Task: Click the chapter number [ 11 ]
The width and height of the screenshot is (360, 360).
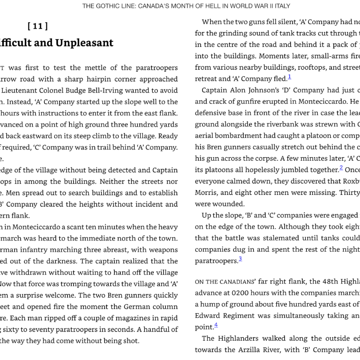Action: [38, 26]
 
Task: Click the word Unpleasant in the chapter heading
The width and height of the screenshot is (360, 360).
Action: [84, 43]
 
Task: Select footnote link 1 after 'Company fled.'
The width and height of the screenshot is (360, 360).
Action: [289, 77]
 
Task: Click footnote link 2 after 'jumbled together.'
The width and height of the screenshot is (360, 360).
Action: [341, 168]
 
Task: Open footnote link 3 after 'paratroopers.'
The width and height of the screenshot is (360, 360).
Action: [240, 259]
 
